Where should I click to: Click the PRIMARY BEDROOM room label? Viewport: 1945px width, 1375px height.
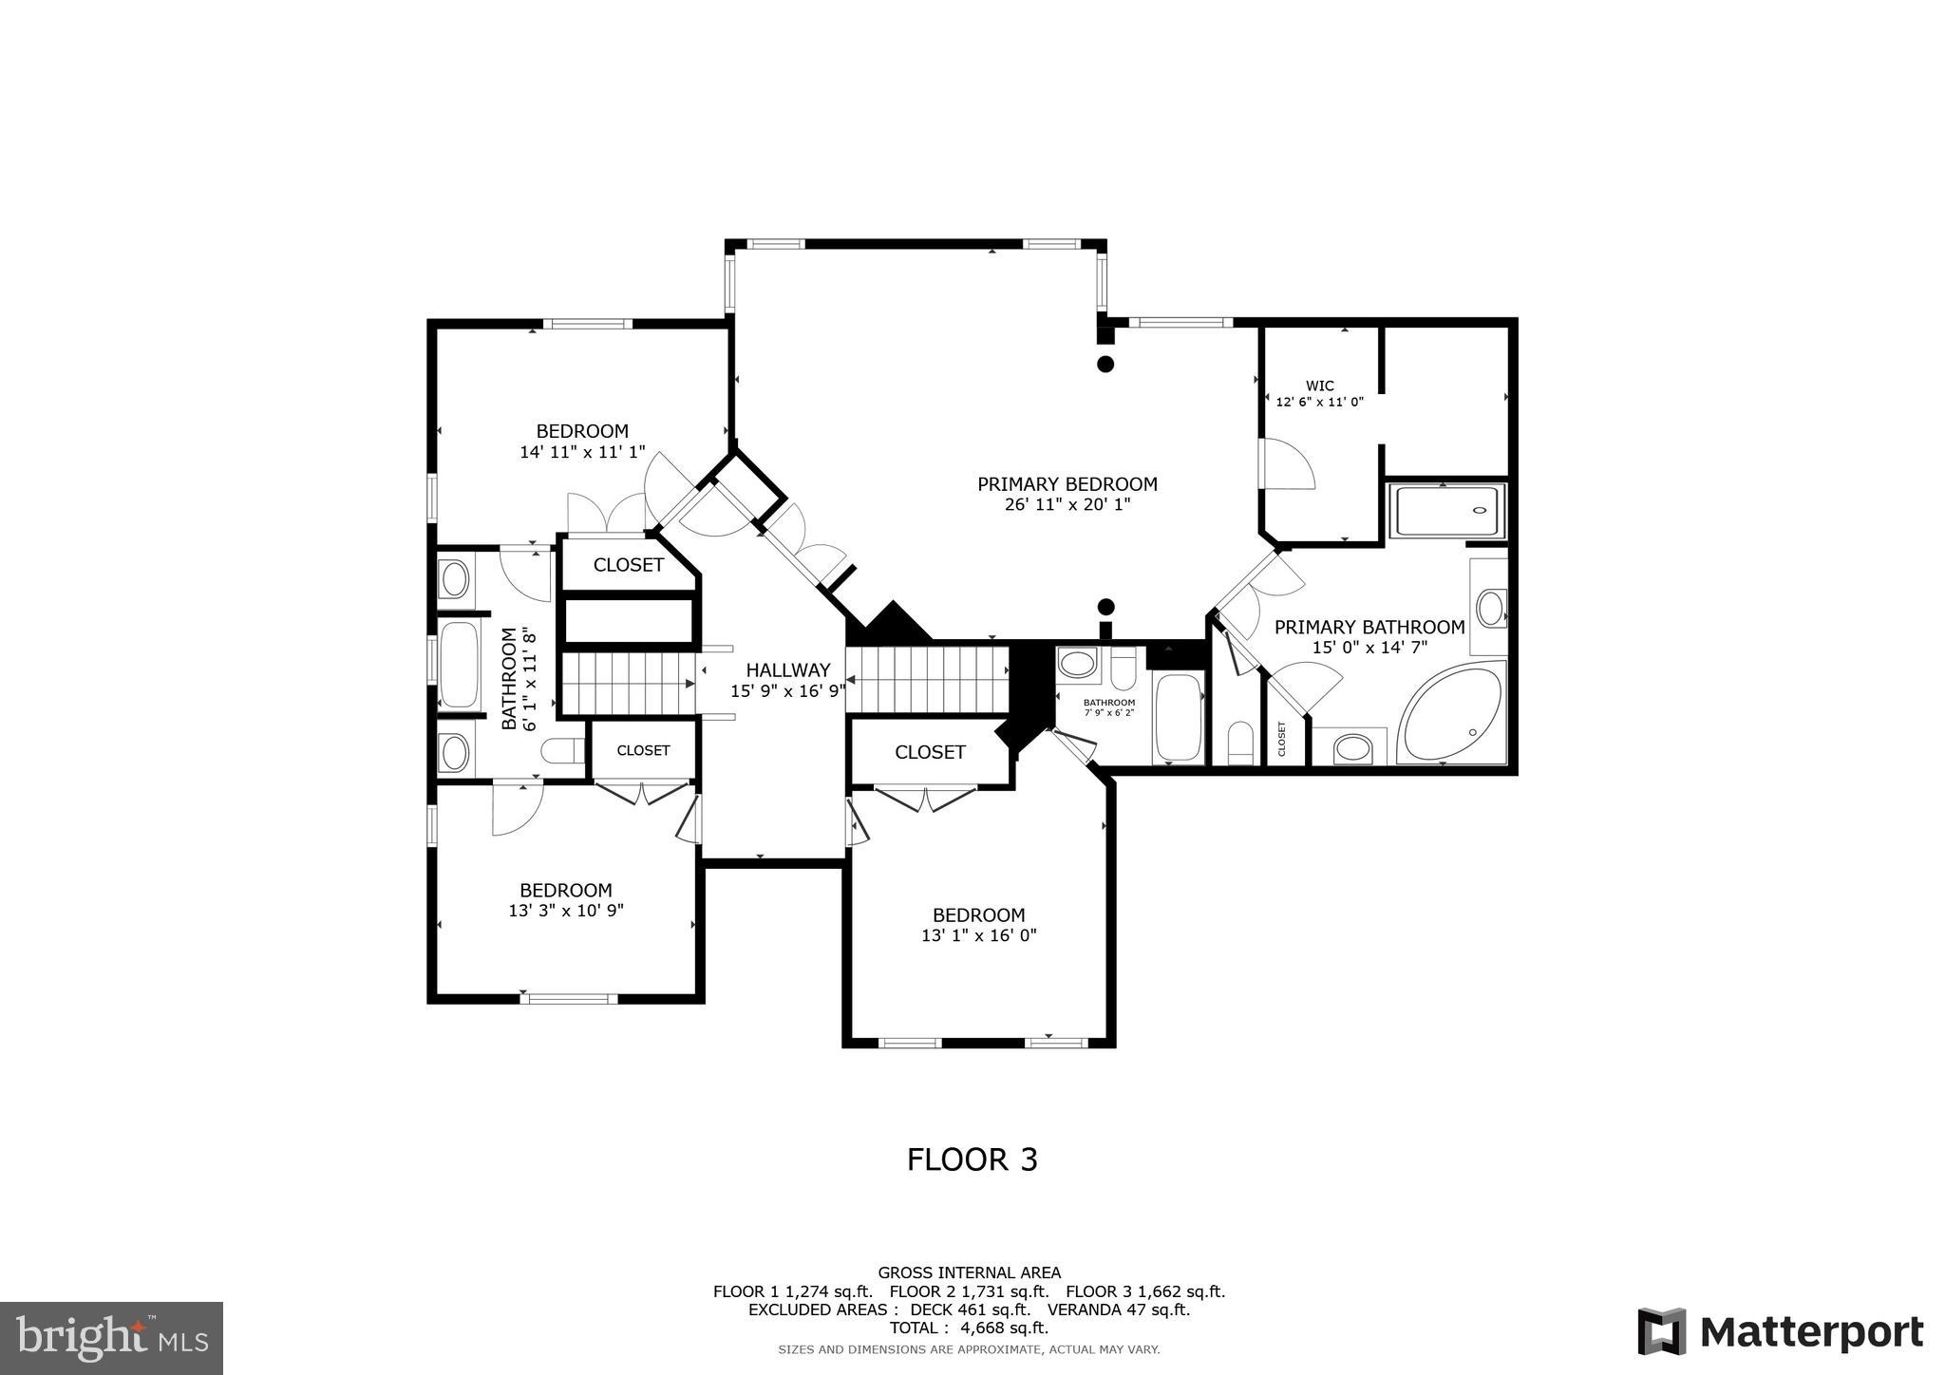1067,484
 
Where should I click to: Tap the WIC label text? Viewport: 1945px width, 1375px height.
1319,386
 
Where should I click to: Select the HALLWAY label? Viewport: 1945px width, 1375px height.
787,670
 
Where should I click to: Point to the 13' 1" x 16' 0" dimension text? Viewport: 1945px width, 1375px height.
978,935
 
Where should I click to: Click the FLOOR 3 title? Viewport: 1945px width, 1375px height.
972,1159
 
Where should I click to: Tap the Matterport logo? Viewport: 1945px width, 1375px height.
1781,1331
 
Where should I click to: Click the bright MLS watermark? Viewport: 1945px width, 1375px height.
111,1338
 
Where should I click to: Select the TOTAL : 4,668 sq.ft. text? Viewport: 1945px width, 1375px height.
969,1328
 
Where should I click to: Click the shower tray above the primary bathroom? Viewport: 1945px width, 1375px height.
1446,511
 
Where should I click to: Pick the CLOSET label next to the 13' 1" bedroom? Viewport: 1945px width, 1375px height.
930,752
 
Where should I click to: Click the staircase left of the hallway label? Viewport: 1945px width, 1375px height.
625,682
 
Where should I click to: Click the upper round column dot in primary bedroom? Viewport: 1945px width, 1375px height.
1105,364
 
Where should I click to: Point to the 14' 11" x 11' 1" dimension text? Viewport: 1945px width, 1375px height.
582,452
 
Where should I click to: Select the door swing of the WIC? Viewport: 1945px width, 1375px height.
1287,464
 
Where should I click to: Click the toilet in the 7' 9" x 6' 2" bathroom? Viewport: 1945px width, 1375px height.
1124,669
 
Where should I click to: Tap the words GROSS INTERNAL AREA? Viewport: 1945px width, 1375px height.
969,1272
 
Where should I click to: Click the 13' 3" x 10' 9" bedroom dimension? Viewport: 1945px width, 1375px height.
565,910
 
